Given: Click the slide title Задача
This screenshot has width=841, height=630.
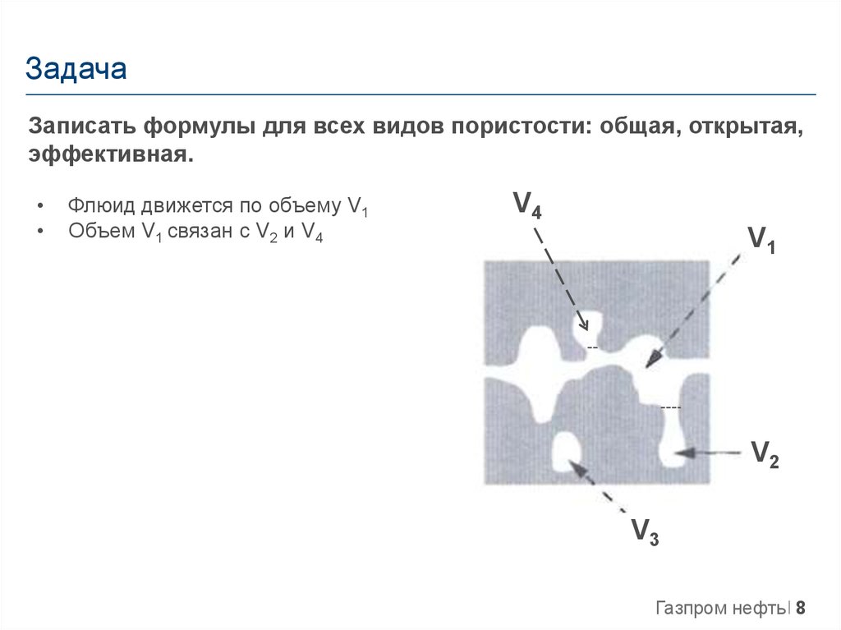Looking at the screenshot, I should click(76, 69).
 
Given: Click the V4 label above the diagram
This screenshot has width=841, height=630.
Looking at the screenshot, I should click(526, 204).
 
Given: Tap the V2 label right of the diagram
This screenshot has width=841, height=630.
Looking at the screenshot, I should click(765, 453).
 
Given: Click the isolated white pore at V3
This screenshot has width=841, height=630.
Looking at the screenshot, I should click(565, 451).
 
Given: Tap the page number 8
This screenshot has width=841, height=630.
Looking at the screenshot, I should click(801, 609).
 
